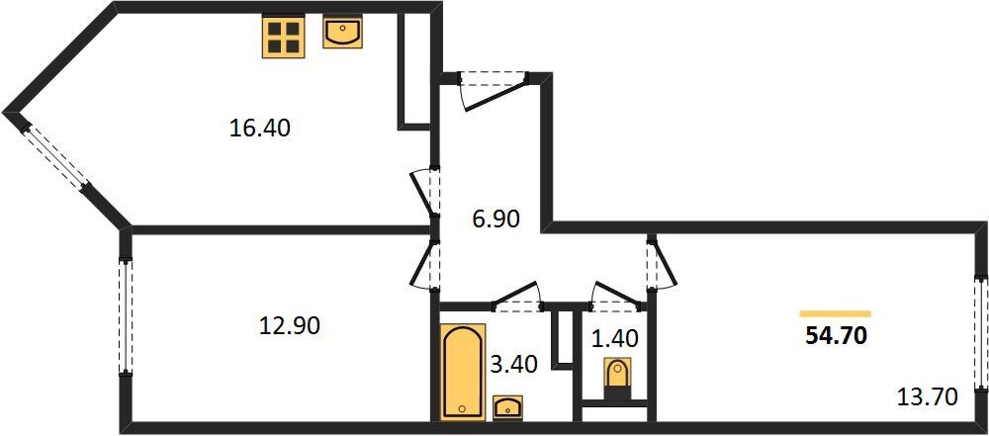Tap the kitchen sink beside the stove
click(x=342, y=33)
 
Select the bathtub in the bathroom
click(x=463, y=372)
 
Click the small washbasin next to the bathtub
click(x=507, y=407)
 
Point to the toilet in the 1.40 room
click(x=617, y=378)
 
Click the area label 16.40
click(x=259, y=129)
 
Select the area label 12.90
click(x=290, y=325)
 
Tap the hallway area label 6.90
click(x=495, y=219)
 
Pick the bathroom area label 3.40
click(x=513, y=364)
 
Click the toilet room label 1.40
click(x=615, y=339)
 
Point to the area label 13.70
click(x=928, y=397)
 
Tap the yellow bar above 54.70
click(x=835, y=313)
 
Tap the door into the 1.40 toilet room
click(x=617, y=299)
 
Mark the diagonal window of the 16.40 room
click(x=55, y=156)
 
